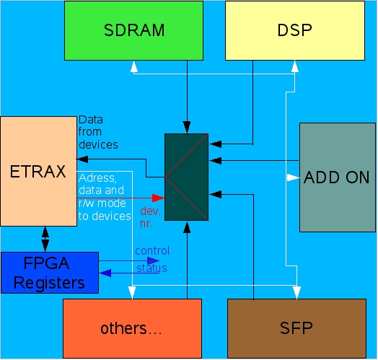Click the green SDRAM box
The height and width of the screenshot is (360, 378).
coord(133,30)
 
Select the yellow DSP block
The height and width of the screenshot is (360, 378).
coord(295,30)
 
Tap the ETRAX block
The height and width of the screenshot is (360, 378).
coord(38,171)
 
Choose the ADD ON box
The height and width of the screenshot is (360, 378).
coord(338,177)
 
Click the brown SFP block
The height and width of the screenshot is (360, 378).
coord(296,328)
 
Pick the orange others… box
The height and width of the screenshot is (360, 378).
coord(132,328)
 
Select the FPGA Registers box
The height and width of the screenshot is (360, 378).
coord(50,273)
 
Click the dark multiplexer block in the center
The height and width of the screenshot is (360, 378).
coord(186,177)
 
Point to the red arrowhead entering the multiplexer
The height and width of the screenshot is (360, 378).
coord(158,198)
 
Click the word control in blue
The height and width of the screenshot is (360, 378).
coord(152,251)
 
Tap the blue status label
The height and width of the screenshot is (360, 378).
coord(151,268)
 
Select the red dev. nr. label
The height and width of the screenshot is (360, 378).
coord(150,217)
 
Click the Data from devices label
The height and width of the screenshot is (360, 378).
coord(98,132)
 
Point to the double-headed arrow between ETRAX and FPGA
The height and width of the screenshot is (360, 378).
coord(45,239)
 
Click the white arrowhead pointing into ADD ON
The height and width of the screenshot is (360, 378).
coord(293,177)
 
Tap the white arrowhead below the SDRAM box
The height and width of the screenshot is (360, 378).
coord(134,66)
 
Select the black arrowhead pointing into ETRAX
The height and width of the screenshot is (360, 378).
coord(82,159)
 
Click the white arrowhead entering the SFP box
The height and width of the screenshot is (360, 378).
coord(296,293)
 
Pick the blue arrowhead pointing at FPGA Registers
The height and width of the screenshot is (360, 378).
coord(105,273)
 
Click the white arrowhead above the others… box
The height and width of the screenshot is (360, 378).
coord(132,293)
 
